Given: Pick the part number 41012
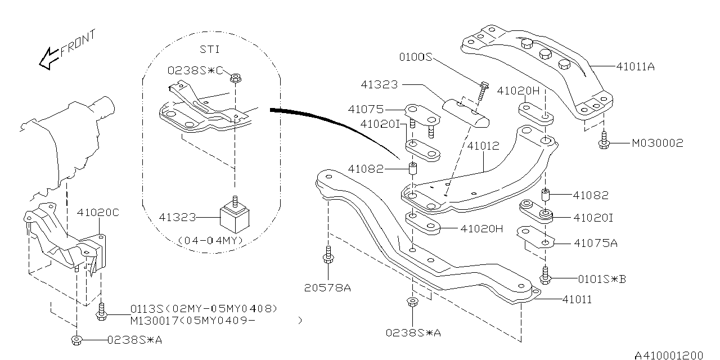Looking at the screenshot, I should [483, 146].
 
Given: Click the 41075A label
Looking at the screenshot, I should [596, 243].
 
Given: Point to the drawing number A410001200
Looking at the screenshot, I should [669, 355].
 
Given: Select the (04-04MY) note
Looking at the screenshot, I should [210, 241].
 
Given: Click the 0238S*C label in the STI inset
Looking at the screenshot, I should [195, 70].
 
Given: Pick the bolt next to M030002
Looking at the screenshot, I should [604, 141].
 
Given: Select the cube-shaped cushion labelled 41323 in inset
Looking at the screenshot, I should [233, 217].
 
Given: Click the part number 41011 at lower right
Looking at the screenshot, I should [577, 300].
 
